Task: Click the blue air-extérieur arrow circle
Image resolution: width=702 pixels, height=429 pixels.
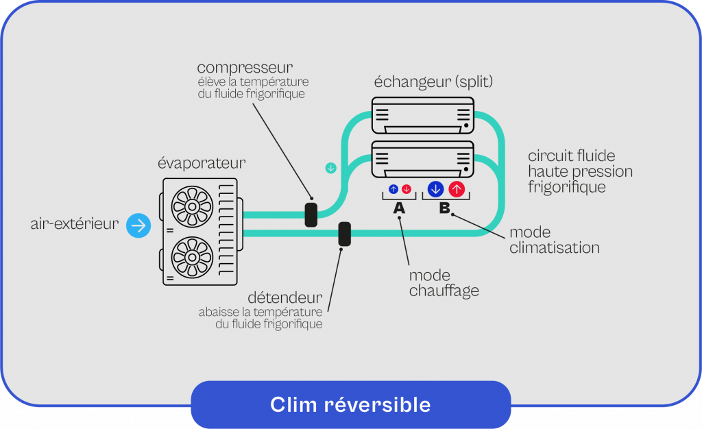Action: point(138,225)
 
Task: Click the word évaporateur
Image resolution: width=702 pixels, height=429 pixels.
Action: point(202,163)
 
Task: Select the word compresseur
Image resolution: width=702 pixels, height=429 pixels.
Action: point(245,68)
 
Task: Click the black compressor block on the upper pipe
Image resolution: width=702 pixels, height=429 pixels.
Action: point(311,214)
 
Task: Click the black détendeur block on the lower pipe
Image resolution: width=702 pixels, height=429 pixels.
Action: point(345,234)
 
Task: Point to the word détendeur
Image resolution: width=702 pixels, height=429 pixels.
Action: point(285,298)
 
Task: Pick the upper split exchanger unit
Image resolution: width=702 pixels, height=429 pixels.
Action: point(422,115)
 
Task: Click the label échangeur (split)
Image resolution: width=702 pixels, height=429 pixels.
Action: point(433,82)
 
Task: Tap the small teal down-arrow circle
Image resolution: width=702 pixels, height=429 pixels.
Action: point(331,168)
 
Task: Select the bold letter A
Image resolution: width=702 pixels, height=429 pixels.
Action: point(399,208)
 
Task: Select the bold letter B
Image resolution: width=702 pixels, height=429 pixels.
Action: point(444,208)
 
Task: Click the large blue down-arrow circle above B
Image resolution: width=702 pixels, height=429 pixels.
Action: point(435,189)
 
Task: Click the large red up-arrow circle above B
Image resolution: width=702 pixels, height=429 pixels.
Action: point(457,189)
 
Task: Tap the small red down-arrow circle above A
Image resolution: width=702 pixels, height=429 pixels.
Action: point(406,189)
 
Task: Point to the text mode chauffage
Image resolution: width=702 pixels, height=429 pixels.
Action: point(444,282)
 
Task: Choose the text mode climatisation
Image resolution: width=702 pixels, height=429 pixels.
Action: point(554,240)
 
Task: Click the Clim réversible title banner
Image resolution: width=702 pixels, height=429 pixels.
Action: point(350,404)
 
